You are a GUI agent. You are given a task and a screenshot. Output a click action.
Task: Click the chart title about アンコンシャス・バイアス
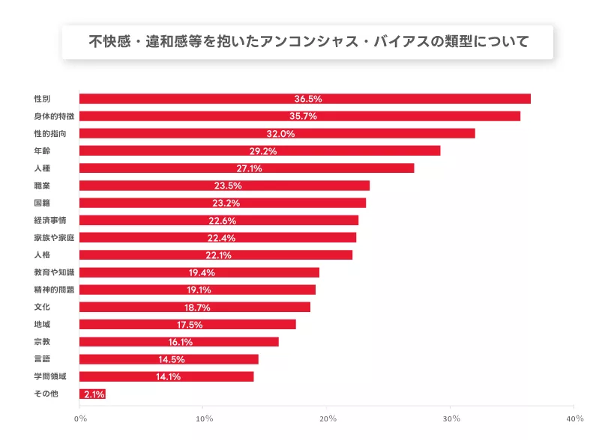[x=307, y=42]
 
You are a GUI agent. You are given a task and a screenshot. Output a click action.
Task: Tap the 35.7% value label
[x=304, y=116]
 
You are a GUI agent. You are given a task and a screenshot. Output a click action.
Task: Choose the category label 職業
[x=42, y=186]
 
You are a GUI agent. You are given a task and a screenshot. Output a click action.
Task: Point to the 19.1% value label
[x=199, y=290]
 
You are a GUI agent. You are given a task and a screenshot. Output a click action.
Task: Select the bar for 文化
[x=195, y=307]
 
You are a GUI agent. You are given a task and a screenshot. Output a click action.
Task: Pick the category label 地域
[x=42, y=324]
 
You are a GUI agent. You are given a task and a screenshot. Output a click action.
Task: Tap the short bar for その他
[x=92, y=394]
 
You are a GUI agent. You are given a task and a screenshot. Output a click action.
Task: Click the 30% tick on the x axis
[x=451, y=418]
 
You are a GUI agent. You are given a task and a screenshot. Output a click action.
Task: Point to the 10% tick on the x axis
[x=203, y=418]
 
